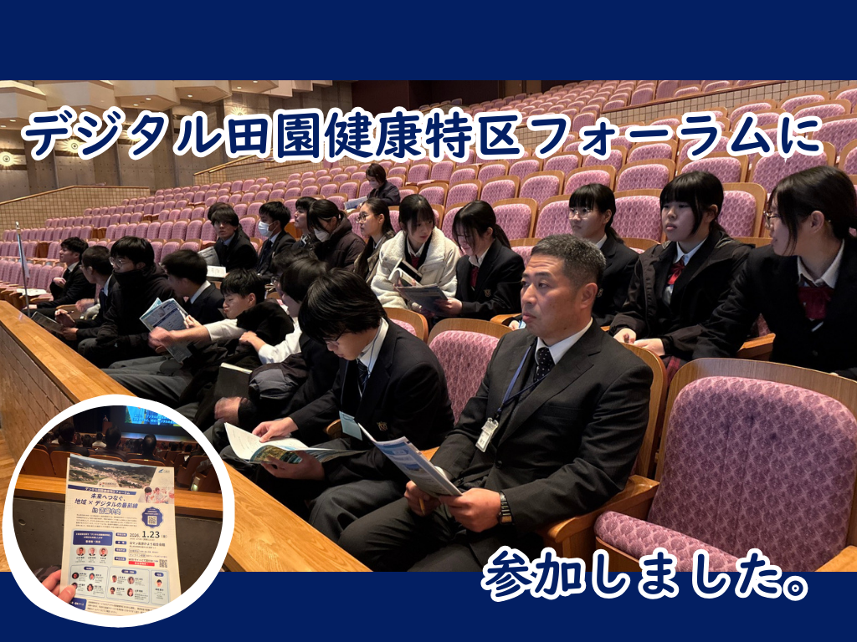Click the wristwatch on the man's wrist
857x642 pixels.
(504, 507)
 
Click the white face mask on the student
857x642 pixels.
(264, 230)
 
